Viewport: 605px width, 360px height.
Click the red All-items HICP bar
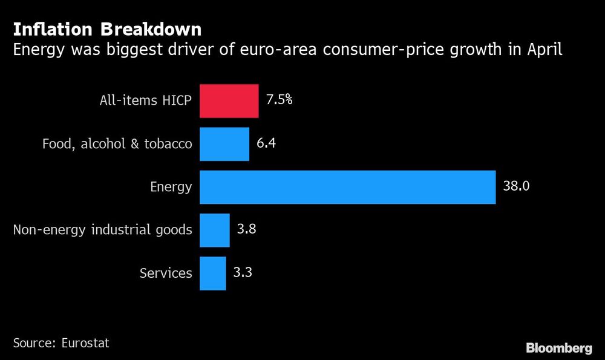(x=229, y=100)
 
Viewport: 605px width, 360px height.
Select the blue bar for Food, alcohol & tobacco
(x=224, y=144)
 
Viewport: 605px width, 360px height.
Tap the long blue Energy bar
(x=347, y=187)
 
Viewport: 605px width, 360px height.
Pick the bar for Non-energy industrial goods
(x=214, y=230)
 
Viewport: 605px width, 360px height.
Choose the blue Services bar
(x=212, y=273)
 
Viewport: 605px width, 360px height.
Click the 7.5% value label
(x=279, y=99)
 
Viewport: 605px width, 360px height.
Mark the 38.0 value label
(x=516, y=186)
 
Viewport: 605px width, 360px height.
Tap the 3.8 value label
(x=247, y=229)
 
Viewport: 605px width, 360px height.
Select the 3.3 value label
(x=243, y=272)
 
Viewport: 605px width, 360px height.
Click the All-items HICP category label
(x=145, y=101)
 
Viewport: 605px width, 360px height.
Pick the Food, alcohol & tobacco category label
(x=117, y=144)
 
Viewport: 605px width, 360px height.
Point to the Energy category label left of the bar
(x=171, y=188)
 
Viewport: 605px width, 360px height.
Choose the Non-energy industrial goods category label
(x=102, y=230)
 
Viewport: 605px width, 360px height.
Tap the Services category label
(x=166, y=273)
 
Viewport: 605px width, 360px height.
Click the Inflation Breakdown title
(x=107, y=28)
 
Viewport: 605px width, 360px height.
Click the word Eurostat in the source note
(x=85, y=342)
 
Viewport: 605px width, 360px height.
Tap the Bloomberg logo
(x=558, y=348)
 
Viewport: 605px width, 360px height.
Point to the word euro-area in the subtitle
(x=273, y=49)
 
